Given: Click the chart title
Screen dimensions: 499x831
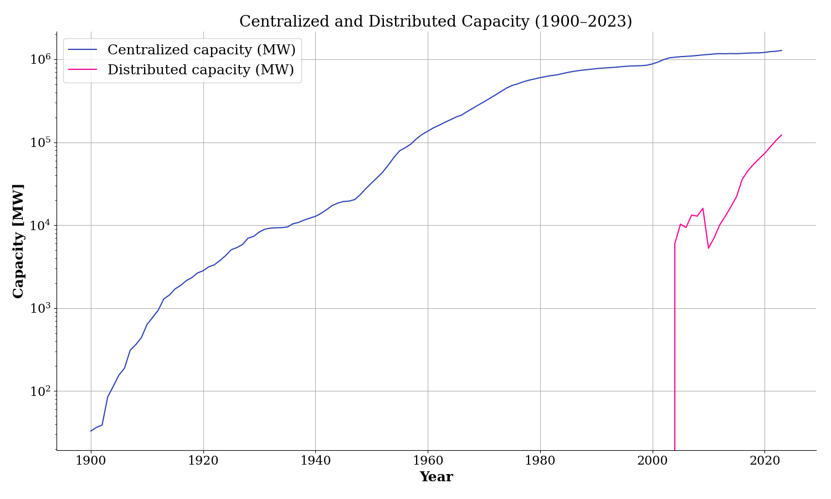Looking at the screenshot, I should tap(435, 22).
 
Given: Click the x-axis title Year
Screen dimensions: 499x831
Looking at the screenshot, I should tap(436, 477).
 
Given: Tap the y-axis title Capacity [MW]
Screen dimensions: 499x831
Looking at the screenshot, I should tap(19, 241).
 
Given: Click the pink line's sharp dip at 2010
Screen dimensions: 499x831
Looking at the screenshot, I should tap(709, 248).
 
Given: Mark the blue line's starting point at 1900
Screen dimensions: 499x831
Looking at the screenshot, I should tap(91, 431).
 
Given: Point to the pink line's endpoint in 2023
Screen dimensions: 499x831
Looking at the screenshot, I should tap(782, 135).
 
